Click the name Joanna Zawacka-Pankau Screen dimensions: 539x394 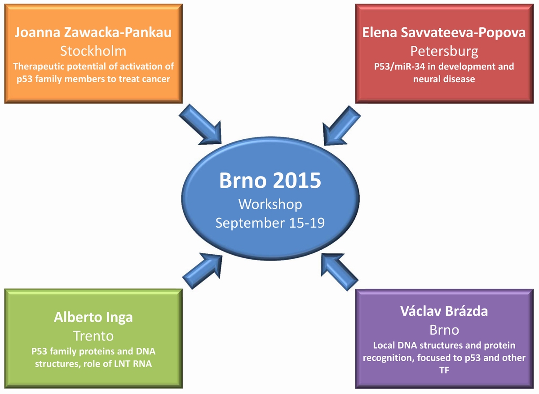(93, 32)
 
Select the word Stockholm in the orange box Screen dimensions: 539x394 (93, 51)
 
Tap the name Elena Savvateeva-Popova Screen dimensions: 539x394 (444, 33)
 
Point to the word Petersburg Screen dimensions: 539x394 (444, 52)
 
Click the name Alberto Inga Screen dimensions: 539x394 (93, 318)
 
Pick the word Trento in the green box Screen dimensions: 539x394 (93, 336)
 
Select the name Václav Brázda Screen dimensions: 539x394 (444, 311)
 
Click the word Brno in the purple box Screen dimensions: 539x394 (444, 330)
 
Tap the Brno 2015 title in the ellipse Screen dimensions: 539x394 (270, 181)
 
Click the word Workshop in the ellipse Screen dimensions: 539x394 (270, 204)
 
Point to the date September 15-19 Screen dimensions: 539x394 (270, 223)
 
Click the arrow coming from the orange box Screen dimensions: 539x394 (200, 125)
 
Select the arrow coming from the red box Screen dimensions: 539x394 (342, 126)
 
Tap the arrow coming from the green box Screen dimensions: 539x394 (202, 271)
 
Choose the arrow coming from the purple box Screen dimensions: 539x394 (340, 272)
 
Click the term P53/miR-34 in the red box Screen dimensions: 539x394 (399, 66)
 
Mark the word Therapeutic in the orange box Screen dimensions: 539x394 (39, 66)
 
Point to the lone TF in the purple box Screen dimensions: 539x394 (444, 370)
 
